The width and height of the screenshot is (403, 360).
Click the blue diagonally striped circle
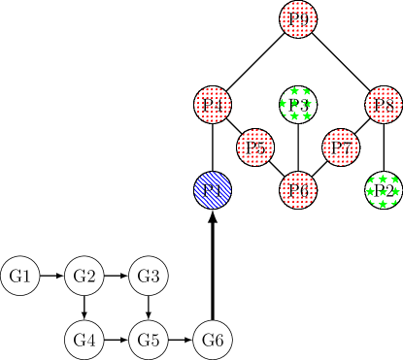pos(213,190)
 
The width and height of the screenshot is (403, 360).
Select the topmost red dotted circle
pos(298,18)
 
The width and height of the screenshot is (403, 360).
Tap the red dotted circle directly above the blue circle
pos(213,105)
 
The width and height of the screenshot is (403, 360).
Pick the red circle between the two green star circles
pos(341,147)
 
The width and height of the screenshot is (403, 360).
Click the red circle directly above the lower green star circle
pos(384,105)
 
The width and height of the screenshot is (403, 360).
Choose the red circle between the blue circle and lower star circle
pos(298,190)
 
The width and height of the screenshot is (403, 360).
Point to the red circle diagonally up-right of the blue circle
pos(255,147)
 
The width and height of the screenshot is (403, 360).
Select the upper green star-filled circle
pos(298,104)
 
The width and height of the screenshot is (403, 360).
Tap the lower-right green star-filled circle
pos(383,191)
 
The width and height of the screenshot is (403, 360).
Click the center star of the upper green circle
pos(295,104)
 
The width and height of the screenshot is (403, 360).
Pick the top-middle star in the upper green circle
pos(295,91)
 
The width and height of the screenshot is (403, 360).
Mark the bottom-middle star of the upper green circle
pos(295,116)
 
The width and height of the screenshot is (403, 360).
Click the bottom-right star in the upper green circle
pos(308,116)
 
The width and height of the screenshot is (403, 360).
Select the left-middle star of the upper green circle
pos(283,104)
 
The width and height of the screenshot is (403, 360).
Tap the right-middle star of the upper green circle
pos(308,104)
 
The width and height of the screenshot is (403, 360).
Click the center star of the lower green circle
pos(383,192)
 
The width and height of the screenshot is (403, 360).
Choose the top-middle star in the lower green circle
pos(383,180)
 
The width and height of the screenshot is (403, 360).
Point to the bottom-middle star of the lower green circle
pos(383,205)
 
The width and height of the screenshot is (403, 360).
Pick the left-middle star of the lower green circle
pos(370,192)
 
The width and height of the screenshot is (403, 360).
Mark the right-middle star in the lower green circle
pos(395,192)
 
